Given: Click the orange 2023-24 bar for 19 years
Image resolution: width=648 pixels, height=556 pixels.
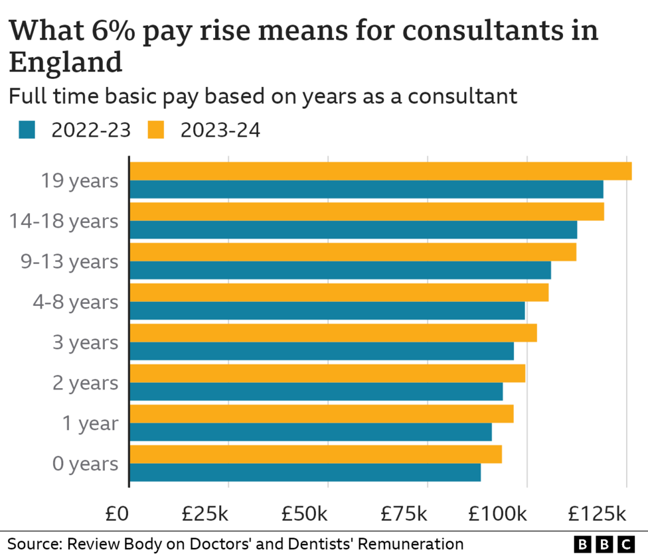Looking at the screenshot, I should tap(380, 171).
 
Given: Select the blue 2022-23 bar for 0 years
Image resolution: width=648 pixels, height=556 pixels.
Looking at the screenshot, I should tap(305, 472).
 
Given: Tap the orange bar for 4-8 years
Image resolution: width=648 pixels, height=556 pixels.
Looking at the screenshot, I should tap(339, 293).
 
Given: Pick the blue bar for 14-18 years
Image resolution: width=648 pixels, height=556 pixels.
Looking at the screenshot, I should tap(353, 230).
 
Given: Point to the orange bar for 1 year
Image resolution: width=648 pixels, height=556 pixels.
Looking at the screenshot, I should tap(321, 414).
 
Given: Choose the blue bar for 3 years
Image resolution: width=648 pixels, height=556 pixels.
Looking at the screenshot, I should tap(321, 351).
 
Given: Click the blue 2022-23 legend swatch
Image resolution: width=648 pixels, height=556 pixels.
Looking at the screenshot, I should tap(27, 130).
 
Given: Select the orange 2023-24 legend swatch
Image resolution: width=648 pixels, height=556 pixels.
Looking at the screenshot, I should tap(155, 130).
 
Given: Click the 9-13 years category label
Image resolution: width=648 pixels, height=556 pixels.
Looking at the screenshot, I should tap(68, 261).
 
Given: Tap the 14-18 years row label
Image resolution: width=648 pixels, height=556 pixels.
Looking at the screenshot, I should tap(64, 221).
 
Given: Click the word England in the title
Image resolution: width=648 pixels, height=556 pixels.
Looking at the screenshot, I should tap(65, 63).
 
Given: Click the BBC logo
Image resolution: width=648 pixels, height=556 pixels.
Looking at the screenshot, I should tap(604, 544).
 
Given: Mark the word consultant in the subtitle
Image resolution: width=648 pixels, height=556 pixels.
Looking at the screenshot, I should tap(462, 96).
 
